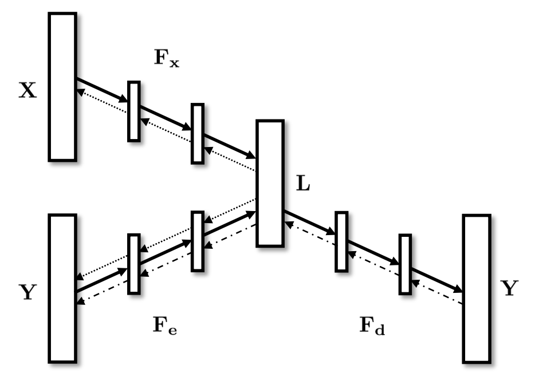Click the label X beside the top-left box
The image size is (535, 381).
pos(28,91)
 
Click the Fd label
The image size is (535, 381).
pos(373,327)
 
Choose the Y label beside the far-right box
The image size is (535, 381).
pos(509,289)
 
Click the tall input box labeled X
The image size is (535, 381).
pos(62,86)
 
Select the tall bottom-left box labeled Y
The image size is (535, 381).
pos(62,288)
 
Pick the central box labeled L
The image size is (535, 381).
pos(270,183)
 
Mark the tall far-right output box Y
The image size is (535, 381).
pos(477,288)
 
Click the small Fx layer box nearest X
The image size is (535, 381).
pos(133,111)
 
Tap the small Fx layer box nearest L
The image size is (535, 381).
pos(198,133)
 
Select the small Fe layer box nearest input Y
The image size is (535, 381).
pos(133,263)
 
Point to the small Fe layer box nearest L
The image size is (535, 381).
pos(198,241)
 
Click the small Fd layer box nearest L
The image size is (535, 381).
pos(341,241)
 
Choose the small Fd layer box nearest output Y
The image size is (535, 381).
pos(406,263)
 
